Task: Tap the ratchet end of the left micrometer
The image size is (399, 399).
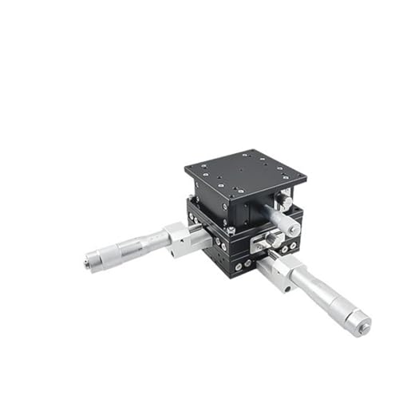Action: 93,260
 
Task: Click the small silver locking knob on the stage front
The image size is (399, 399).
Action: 273,237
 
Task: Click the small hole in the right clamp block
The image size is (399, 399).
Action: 282,279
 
